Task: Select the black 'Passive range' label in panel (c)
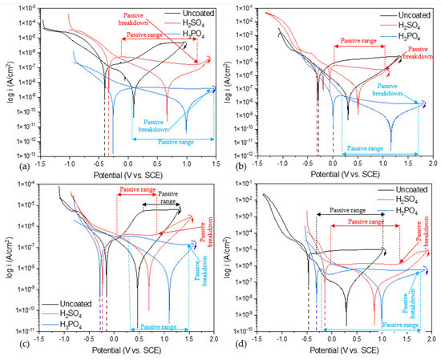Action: coord(167,198)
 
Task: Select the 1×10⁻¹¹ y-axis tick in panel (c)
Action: coord(23,329)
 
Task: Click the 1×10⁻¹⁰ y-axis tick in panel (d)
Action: coord(248,330)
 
